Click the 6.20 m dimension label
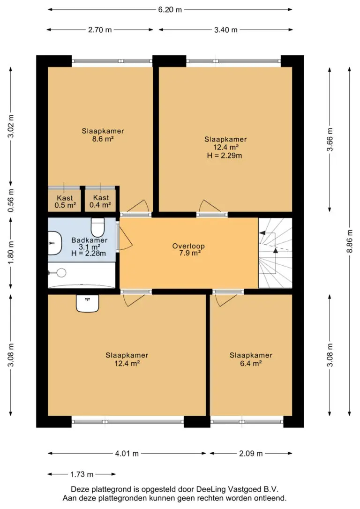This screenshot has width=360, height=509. (x=170, y=10)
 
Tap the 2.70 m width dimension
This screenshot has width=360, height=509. (x=100, y=30)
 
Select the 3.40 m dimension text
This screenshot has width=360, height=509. (x=225, y=30)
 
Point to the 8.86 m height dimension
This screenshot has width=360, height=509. (x=349, y=241)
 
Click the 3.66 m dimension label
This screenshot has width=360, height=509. (x=330, y=140)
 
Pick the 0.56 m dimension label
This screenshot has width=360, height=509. (x=11, y=201)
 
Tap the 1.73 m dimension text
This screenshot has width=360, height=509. (x=82, y=474)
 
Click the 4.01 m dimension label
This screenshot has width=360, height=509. (x=127, y=454)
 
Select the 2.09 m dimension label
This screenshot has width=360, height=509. (x=251, y=454)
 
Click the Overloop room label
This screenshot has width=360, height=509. (x=188, y=249)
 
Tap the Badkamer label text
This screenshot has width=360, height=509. (x=89, y=240)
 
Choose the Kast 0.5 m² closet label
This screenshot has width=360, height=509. (x=65, y=202)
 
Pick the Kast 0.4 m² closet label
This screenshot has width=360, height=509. (x=101, y=201)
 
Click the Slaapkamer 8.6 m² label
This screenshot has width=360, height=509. (x=103, y=135)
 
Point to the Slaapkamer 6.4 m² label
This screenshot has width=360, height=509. (x=251, y=359)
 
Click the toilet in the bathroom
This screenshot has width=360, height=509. (x=97, y=227)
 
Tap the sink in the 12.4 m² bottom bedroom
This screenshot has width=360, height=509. (x=87, y=303)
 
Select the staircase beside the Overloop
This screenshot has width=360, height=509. (x=275, y=253)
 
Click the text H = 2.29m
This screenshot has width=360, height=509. (x=225, y=156)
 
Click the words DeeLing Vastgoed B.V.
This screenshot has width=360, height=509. (x=237, y=489)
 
